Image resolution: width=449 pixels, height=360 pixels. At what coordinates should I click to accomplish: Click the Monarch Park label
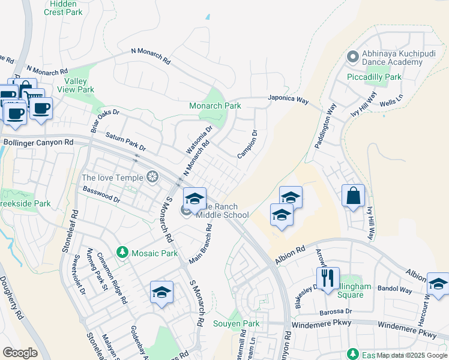(215, 106)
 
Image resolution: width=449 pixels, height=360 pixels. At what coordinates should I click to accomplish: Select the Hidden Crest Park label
(63, 8)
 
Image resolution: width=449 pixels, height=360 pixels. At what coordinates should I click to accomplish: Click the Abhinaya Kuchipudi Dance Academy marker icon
(352, 58)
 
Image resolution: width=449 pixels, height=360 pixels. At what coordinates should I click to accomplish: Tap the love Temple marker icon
(153, 177)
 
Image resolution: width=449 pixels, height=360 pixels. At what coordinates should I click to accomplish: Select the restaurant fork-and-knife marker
(328, 278)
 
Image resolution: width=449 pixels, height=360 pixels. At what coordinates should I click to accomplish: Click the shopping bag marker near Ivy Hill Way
(353, 195)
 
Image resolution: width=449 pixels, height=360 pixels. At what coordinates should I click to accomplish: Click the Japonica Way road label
(288, 101)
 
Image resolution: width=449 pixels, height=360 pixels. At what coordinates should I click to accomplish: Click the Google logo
(20, 353)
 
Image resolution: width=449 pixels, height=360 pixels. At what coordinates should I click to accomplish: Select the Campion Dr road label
(247, 145)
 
